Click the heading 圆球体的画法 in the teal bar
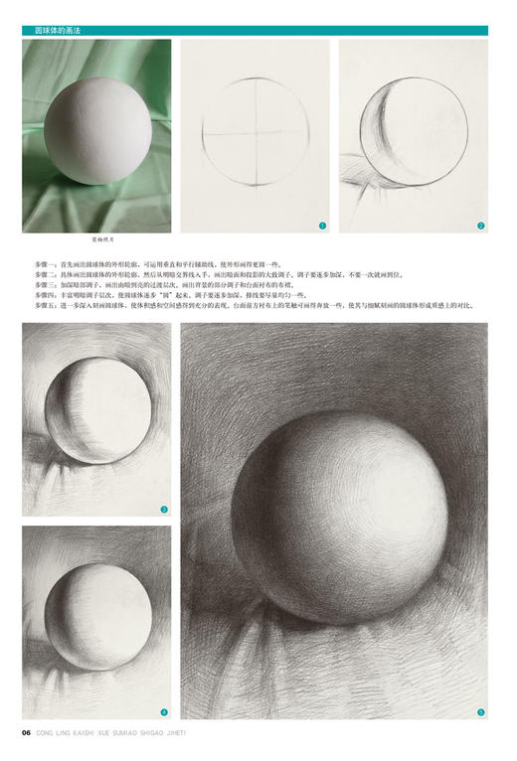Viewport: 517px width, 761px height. pos(58,31)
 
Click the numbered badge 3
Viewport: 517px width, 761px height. pos(163,510)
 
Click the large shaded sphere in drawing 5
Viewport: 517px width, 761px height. pos(353,518)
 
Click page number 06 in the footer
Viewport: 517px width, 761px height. pos(27,734)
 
